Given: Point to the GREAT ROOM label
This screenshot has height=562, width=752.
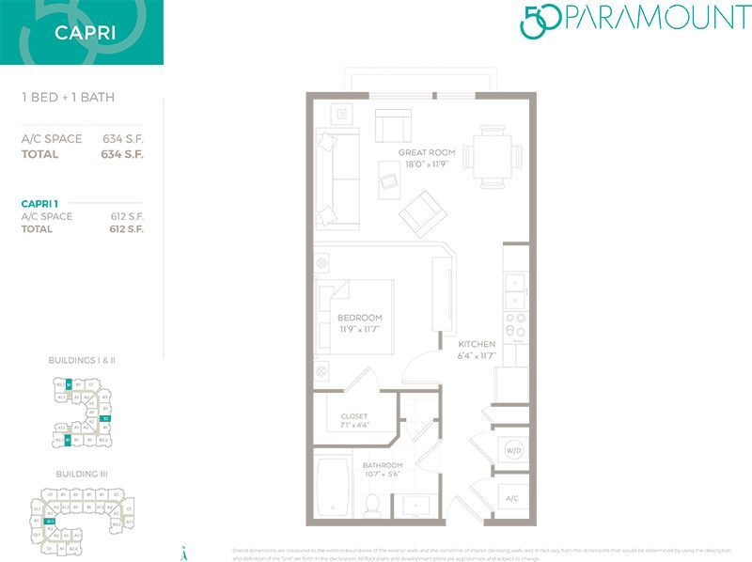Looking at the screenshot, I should point(426,152).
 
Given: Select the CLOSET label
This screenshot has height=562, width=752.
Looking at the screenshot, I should point(354,415).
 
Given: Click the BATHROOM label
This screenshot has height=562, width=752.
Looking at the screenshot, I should point(383,464).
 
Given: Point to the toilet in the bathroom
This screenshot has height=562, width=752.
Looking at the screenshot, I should point(372,504).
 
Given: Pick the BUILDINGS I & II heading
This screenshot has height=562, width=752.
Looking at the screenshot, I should point(81,360).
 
